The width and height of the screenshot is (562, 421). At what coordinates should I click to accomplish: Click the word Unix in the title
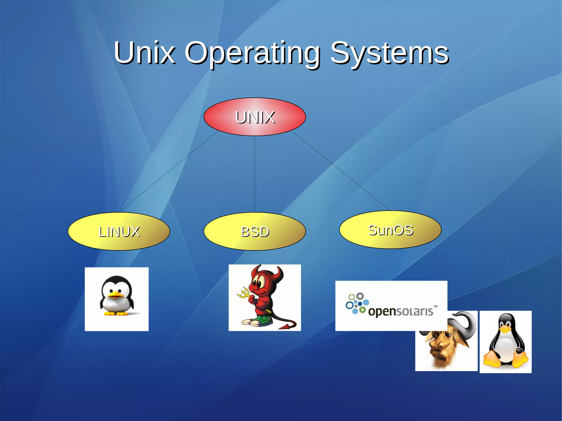pyautogui.click(x=145, y=52)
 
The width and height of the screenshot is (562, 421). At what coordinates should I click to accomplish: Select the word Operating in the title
pyautogui.click(x=252, y=53)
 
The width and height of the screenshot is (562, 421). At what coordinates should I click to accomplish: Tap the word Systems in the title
pyautogui.click(x=390, y=53)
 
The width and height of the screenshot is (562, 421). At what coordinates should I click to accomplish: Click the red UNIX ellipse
pyautogui.click(x=254, y=117)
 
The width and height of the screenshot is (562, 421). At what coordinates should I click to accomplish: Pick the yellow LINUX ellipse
pyautogui.click(x=119, y=231)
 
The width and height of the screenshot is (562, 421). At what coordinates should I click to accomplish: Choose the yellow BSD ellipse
pyautogui.click(x=254, y=231)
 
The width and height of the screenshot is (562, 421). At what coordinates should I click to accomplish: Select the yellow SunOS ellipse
pyautogui.click(x=390, y=230)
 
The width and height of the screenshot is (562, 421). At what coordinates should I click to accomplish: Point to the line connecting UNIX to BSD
pyautogui.click(x=255, y=174)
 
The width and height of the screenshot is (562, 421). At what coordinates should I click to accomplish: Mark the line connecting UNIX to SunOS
pyautogui.click(x=340, y=171)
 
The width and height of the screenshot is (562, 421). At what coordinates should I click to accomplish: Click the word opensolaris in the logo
pyautogui.click(x=401, y=312)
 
